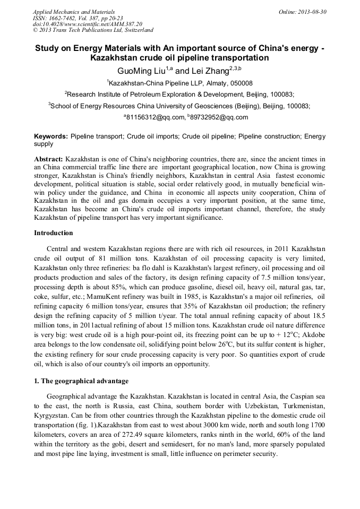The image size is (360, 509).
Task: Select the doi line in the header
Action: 88,24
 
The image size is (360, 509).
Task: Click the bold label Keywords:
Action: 51,136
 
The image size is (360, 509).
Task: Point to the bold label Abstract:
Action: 49,159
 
